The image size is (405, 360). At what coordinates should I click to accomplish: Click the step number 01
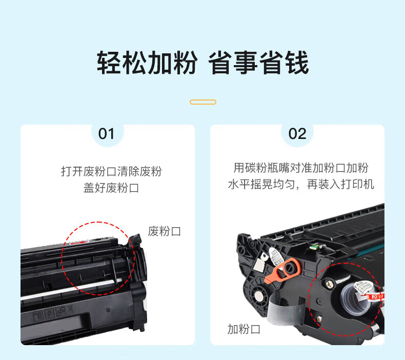(106, 134)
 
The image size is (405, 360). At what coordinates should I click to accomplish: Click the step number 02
(297, 134)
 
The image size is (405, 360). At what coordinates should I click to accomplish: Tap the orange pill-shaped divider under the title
(203, 102)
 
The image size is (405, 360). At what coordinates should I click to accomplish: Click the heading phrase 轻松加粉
(147, 63)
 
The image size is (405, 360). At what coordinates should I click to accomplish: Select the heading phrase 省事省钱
(258, 63)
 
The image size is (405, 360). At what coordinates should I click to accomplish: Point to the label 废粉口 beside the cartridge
(165, 231)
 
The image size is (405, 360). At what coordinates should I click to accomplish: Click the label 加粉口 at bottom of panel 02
(244, 329)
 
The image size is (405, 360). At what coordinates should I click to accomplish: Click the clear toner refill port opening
(354, 297)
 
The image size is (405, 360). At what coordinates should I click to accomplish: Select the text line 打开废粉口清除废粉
(111, 172)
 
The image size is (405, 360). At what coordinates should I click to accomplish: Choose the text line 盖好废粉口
(111, 188)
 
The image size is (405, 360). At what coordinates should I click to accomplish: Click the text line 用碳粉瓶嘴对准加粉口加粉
(301, 168)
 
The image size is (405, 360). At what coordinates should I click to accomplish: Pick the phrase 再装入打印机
(341, 185)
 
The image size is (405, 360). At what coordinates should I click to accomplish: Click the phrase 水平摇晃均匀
(261, 185)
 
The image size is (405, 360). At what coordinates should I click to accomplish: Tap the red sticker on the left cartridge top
(79, 243)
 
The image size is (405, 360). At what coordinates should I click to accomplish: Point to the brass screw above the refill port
(330, 285)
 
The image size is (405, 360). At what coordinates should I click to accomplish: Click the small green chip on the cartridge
(314, 247)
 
